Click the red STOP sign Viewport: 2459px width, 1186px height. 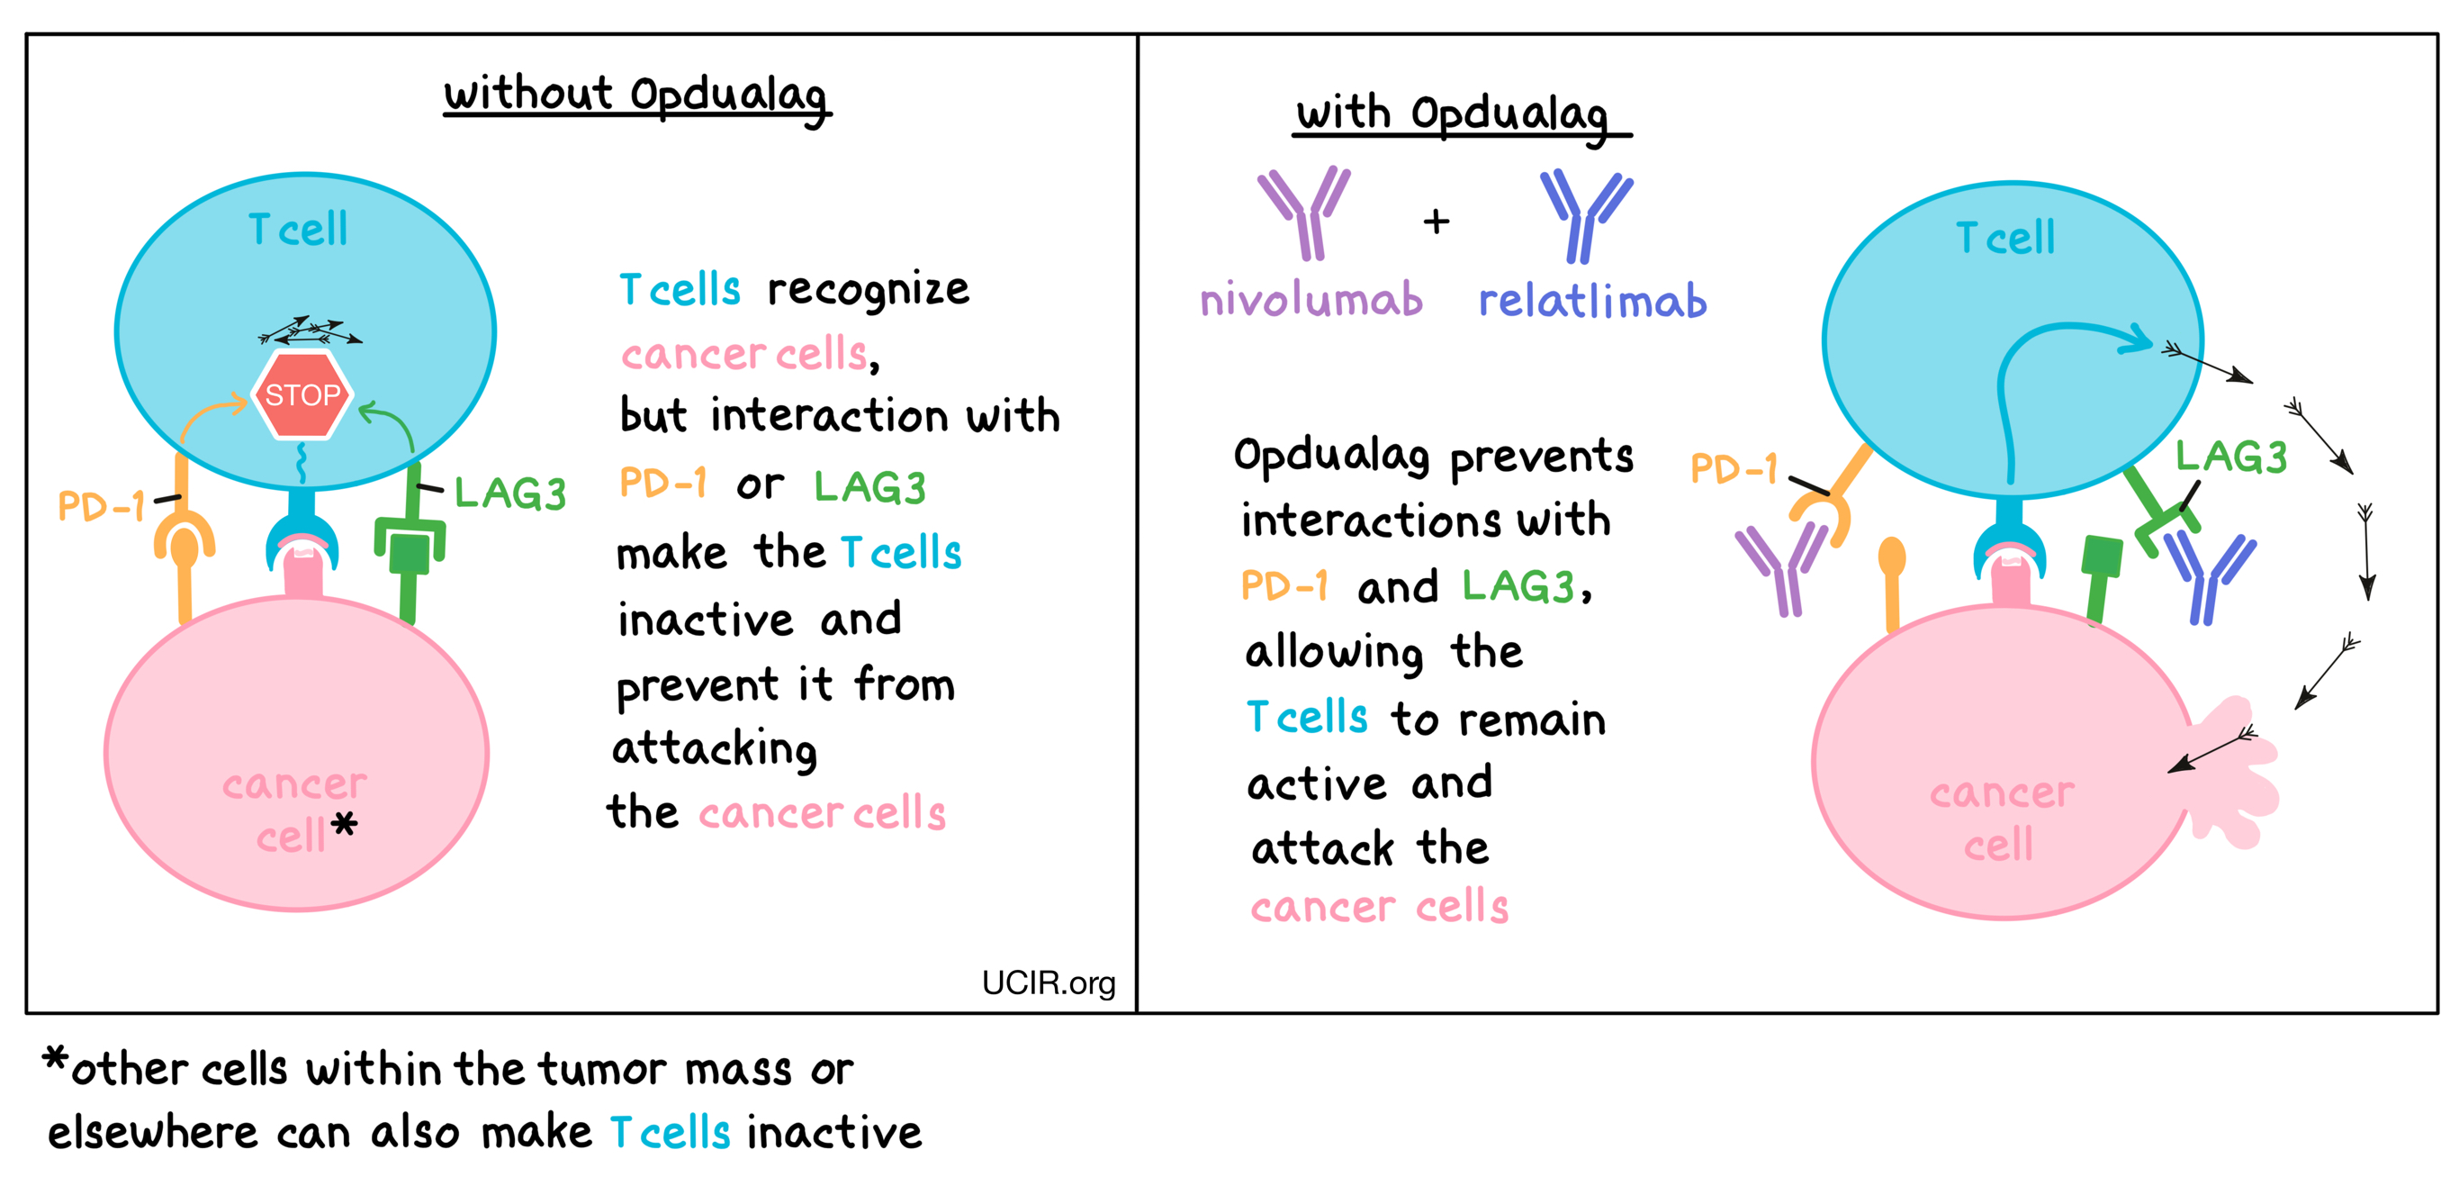point(302,394)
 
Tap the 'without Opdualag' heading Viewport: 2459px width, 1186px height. point(636,96)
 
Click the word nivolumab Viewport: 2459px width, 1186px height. point(1311,300)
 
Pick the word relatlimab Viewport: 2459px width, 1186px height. point(1592,300)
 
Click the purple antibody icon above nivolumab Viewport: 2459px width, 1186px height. point(1304,212)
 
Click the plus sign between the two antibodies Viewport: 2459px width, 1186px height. point(1436,222)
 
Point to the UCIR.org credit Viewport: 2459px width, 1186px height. point(1048,982)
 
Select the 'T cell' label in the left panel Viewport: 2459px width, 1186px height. point(298,229)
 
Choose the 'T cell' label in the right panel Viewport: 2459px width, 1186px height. point(2004,237)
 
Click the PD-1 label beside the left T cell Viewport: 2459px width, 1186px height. point(101,505)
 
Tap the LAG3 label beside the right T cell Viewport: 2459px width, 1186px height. point(2231,457)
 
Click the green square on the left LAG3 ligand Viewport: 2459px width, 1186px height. point(410,553)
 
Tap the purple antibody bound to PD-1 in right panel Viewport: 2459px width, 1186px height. point(1780,569)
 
